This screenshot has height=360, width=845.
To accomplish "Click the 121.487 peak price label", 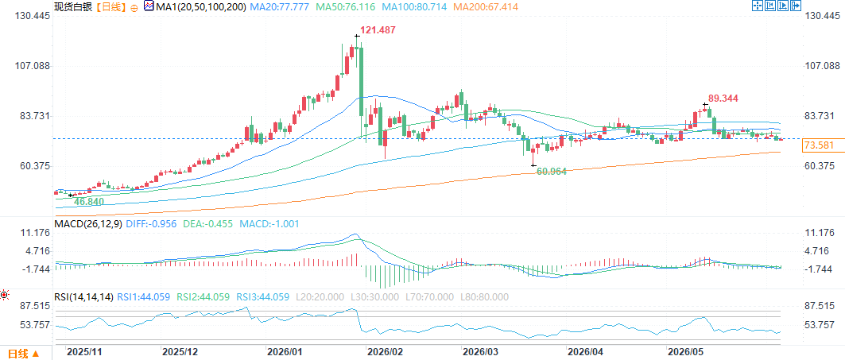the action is (381, 32).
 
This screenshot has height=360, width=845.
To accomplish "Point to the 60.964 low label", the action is (552, 172).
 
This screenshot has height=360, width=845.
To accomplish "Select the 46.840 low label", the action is (90, 201).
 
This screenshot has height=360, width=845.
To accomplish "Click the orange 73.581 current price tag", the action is (819, 145).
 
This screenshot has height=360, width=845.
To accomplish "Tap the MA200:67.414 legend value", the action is (486, 7).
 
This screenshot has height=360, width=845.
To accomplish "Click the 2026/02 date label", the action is (384, 352).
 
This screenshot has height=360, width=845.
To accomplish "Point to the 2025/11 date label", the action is (84, 352).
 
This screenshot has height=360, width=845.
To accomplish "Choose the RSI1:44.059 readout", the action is (143, 296).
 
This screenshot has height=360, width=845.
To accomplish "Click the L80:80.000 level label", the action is (484, 296).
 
